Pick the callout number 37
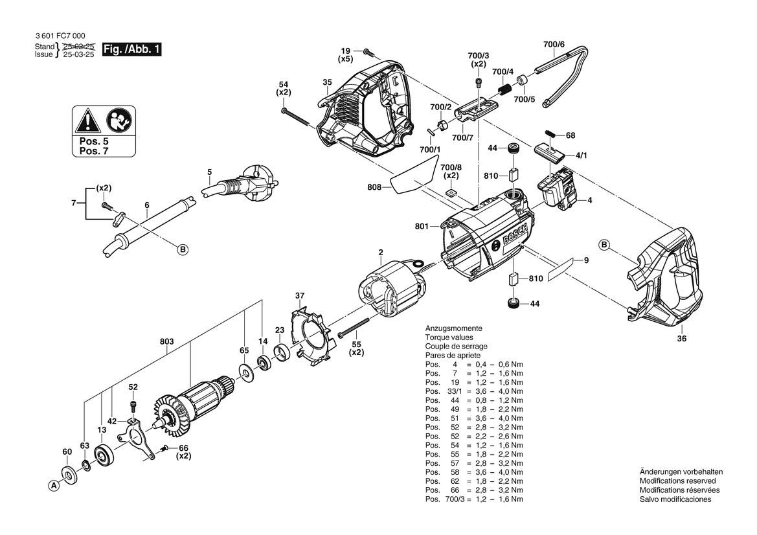coord(300,296)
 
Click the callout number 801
coord(422,227)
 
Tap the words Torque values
coord(449,337)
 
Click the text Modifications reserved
coord(677,481)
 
